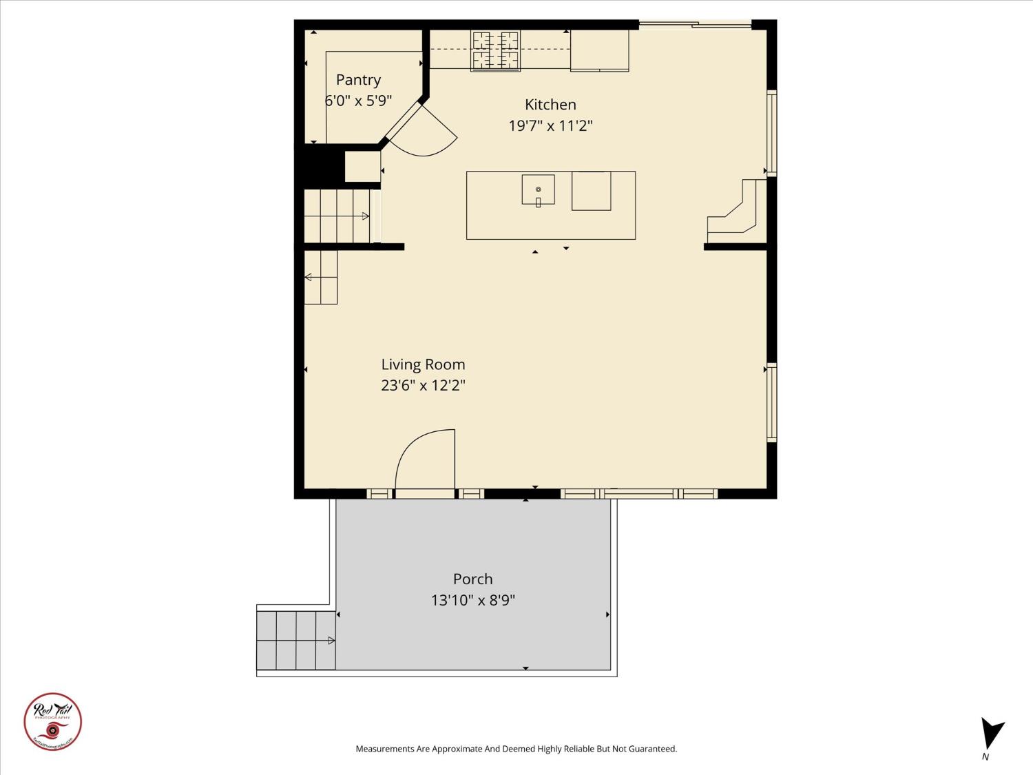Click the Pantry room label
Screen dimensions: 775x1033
tap(358, 80)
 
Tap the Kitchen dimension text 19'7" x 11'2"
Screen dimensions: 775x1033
tap(550, 126)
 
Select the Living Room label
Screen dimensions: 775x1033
tap(423, 364)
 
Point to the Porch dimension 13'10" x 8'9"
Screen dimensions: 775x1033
tap(472, 600)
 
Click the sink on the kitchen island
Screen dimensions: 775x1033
tap(538, 189)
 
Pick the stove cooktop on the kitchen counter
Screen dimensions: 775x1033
tap(495, 50)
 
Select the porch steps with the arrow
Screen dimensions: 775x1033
tap(296, 640)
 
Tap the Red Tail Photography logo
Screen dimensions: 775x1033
tap(53, 721)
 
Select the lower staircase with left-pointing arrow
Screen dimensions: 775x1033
tap(321, 277)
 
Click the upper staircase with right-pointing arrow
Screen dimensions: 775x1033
tap(337, 216)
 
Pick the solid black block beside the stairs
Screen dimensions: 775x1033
tap(320, 165)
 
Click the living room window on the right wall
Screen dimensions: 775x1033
tap(772, 402)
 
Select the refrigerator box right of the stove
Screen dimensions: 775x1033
tap(599, 50)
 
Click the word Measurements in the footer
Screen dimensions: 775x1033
tap(385, 749)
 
